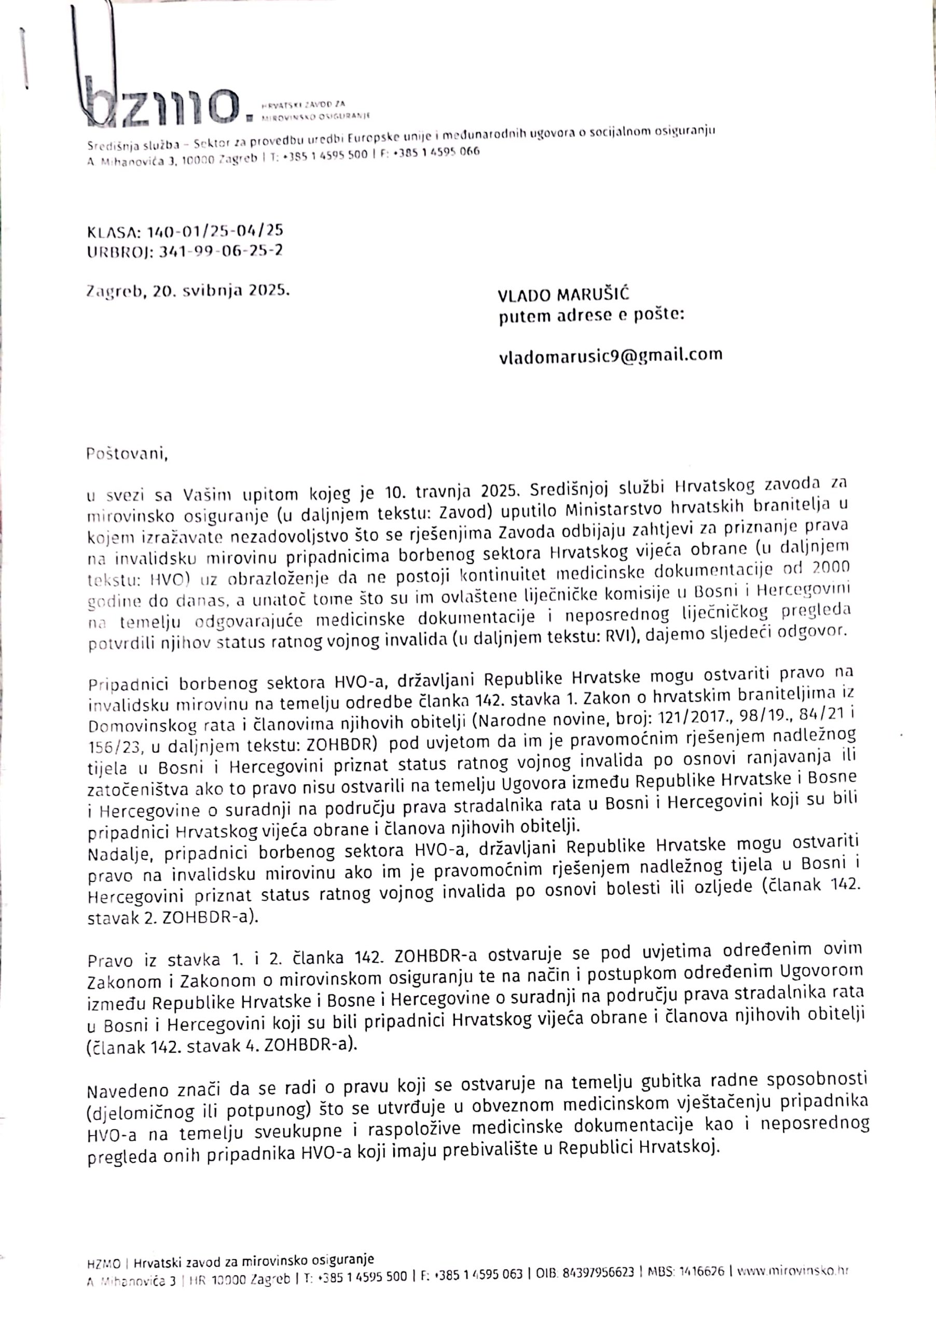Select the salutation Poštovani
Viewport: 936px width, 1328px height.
click(x=127, y=453)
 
